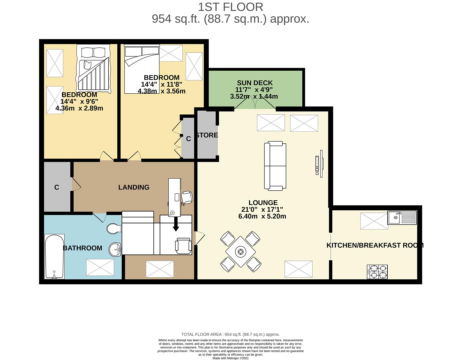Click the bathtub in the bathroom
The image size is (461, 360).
pos(54,257)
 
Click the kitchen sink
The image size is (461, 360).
pos(402,218)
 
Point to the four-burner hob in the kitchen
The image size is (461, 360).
pos(377,272)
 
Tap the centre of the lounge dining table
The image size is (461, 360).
pos(240,252)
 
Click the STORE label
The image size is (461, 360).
pos(207,135)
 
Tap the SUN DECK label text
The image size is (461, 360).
pos(255,83)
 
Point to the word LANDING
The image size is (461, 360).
pos(134,187)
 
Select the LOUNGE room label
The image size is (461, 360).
pos(263,203)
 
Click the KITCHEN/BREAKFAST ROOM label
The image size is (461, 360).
pos(375,245)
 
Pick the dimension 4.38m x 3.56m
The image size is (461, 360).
pos(162,91)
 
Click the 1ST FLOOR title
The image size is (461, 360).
pos(230,7)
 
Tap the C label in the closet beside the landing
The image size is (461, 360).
pos(57,187)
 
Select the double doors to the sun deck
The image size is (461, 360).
pos(255,104)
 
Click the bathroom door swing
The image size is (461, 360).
pos(100,217)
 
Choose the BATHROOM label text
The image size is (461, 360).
pos(82,248)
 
